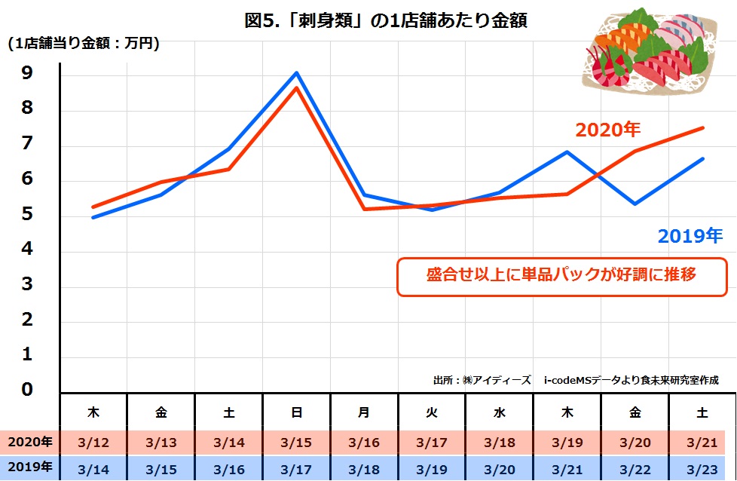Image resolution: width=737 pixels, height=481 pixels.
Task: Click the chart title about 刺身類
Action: [385, 20]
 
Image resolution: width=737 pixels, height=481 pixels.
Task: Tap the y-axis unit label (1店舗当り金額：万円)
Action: [84, 44]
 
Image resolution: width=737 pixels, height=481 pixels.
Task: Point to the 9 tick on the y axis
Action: [26, 73]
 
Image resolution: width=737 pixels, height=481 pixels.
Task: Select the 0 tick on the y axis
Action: [26, 389]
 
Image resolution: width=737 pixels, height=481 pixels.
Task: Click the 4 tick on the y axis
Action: [26, 250]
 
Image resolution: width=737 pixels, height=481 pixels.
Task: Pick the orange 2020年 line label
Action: [607, 130]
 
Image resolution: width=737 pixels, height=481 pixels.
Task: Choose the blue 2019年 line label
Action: [690, 237]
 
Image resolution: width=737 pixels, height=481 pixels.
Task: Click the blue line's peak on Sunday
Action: [297, 73]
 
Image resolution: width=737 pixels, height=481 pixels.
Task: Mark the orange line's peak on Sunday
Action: [297, 88]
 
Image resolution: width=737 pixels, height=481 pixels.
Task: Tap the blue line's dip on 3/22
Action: [635, 204]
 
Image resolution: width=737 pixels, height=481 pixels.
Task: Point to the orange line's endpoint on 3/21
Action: [702, 128]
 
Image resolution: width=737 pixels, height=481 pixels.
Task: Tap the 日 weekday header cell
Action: [297, 412]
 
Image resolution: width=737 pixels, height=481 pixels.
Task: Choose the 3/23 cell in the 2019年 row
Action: [702, 468]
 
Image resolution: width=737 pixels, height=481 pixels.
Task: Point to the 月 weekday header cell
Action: [365, 412]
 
